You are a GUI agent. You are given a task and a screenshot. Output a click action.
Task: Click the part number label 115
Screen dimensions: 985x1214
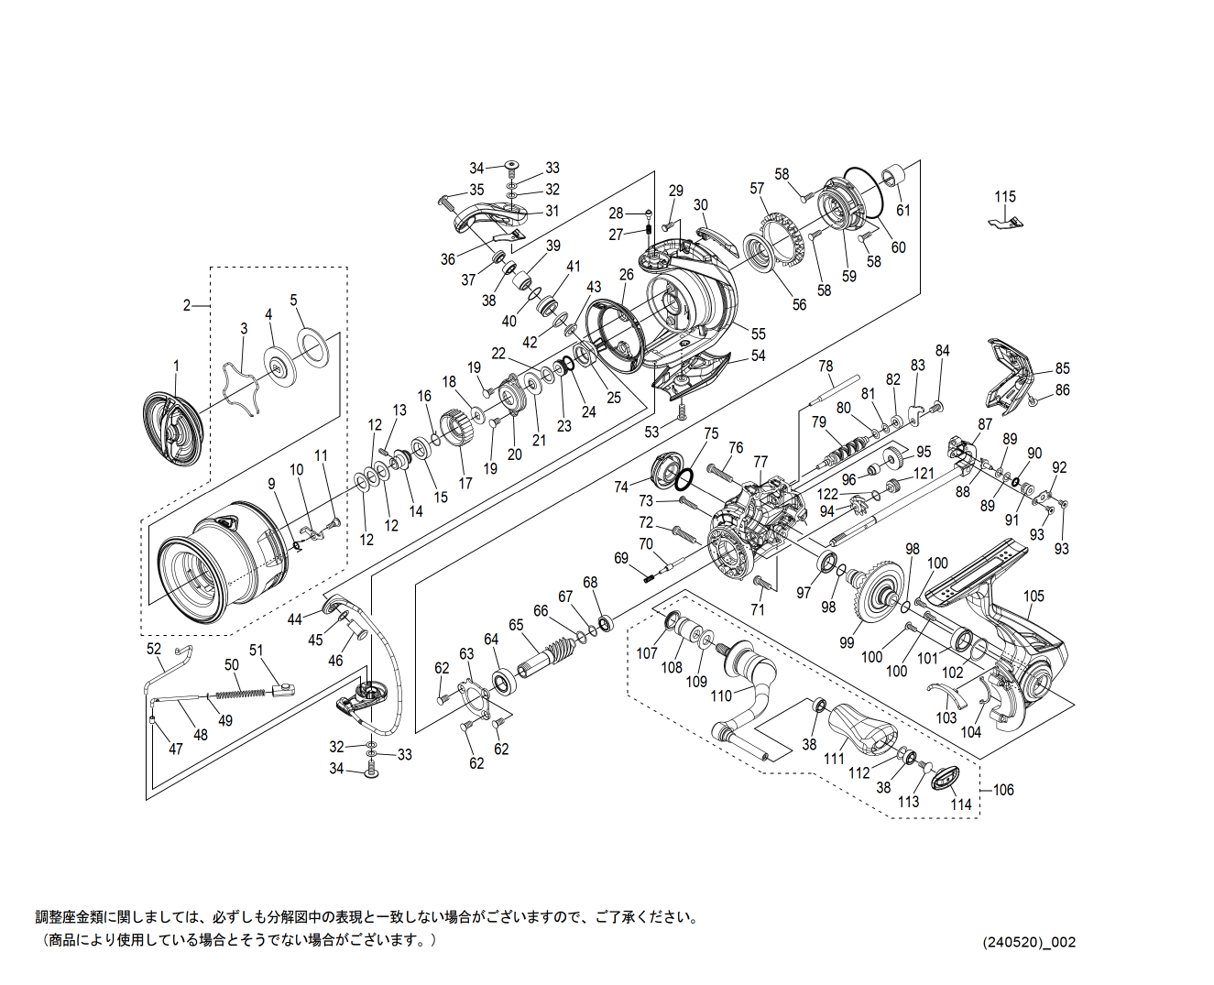point(1005,197)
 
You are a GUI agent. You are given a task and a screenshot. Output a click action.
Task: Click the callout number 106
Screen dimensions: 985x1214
point(1003,790)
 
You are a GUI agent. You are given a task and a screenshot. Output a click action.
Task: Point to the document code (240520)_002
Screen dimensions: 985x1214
point(1029,942)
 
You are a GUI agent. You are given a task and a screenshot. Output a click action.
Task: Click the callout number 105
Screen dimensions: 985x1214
point(1034,596)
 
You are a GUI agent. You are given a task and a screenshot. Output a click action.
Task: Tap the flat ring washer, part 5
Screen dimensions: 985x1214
point(313,348)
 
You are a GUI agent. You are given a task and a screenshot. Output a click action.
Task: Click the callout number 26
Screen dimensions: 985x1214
point(626,274)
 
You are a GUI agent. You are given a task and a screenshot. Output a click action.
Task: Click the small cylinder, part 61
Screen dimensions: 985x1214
point(892,177)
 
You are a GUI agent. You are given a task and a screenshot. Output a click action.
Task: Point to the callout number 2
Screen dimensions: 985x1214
point(187,305)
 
